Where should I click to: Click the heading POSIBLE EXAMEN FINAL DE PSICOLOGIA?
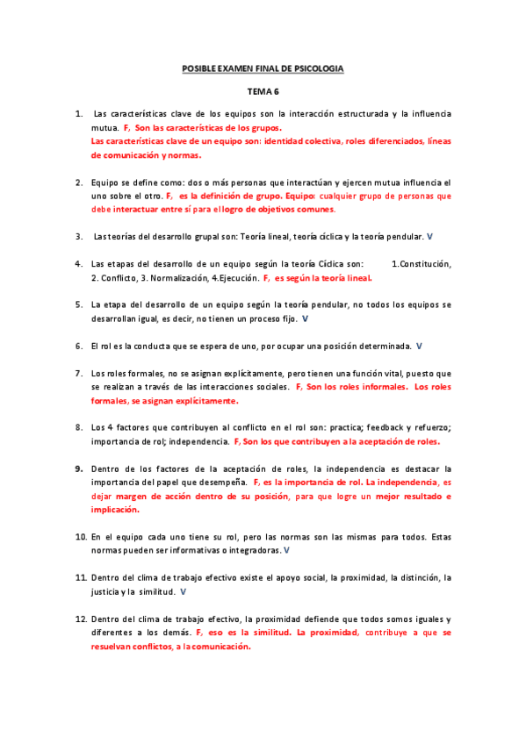263,68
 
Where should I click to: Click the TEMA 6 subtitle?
262,90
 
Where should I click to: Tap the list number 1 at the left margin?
79,114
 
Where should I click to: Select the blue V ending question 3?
429,236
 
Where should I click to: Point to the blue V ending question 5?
304,318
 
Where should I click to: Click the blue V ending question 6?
419,346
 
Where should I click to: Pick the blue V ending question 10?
287,550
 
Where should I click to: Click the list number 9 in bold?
79,469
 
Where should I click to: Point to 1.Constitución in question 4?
421,263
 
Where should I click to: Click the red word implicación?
115,509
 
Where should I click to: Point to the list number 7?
79,373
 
